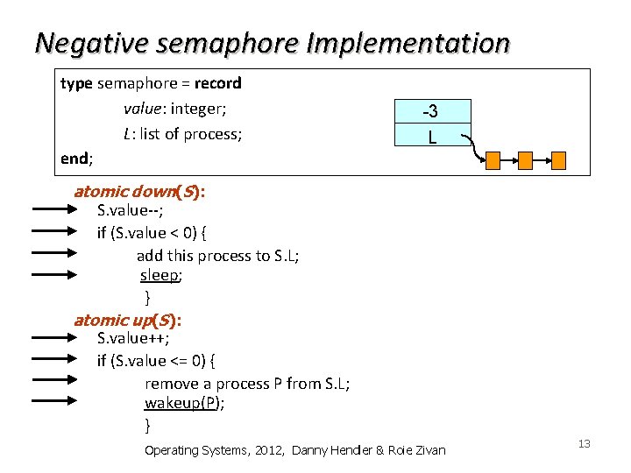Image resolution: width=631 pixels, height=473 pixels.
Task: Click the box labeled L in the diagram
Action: [432, 136]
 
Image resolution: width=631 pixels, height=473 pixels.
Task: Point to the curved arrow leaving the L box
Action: [474, 146]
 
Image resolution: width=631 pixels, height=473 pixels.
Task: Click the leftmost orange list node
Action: [493, 159]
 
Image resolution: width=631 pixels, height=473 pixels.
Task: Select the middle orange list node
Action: [526, 159]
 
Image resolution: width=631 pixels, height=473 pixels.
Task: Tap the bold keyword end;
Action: [76, 159]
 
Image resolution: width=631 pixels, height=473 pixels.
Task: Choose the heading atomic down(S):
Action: [139, 192]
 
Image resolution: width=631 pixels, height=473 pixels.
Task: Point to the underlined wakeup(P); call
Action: [185, 403]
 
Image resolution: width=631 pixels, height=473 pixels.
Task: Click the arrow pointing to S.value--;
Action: [54, 210]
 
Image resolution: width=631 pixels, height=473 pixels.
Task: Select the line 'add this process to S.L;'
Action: [217, 255]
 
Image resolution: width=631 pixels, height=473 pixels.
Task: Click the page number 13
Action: [585, 444]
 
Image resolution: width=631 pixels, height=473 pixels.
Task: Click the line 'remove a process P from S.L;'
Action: [247, 383]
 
